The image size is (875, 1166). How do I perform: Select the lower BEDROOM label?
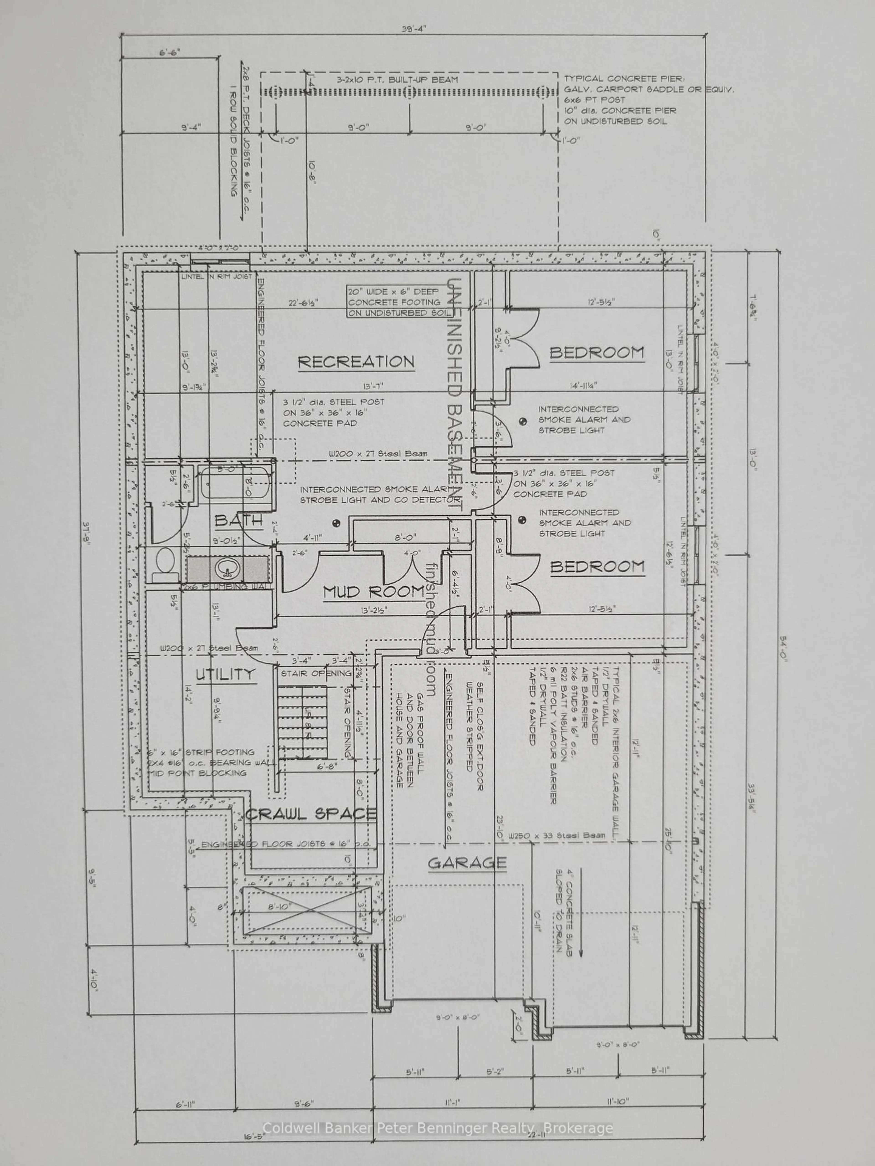(x=597, y=567)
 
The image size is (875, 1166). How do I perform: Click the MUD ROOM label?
(x=373, y=591)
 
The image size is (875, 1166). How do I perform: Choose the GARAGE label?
(x=467, y=863)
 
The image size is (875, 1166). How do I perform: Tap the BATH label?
(x=238, y=521)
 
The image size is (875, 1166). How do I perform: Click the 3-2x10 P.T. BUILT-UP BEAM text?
(x=397, y=80)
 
